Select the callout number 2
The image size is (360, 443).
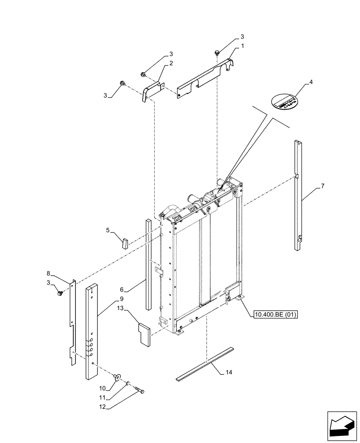[x=171, y=63]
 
